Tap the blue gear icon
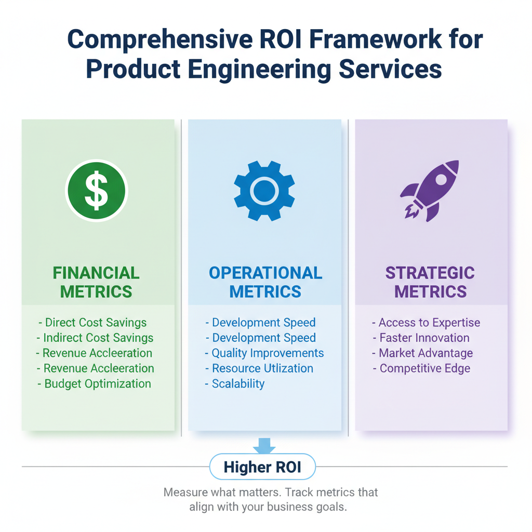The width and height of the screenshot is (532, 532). (264, 190)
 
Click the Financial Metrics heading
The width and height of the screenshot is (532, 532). (96, 282)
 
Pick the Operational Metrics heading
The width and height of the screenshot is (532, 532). (265, 282)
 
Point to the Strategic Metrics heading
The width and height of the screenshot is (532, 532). (430, 282)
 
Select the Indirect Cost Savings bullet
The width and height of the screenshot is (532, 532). (96, 338)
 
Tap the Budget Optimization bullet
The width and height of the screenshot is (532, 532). (95, 384)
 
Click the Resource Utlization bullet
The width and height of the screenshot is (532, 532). (259, 368)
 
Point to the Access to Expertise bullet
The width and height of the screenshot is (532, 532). (426, 323)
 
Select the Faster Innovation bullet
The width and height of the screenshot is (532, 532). (421, 338)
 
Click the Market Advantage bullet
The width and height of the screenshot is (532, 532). (423, 353)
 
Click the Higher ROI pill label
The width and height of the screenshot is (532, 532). (262, 467)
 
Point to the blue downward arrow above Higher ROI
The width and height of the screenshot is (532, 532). (264, 445)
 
